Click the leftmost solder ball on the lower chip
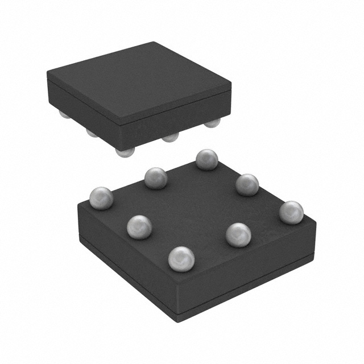pyautogui.click(x=101, y=198)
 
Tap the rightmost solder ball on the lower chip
pyautogui.click(x=291, y=212)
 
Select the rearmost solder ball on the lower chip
pyautogui.click(x=207, y=159)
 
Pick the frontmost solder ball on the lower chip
pyautogui.click(x=181, y=259)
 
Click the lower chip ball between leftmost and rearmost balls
pyautogui.click(x=156, y=178)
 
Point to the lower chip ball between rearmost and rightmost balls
pyautogui.click(x=247, y=185)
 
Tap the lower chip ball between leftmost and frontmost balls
pyautogui.click(x=139, y=226)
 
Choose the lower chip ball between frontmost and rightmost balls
pyautogui.click(x=238, y=234)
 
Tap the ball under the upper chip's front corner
pyautogui.click(x=125, y=151)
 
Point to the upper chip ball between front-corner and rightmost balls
pyautogui.click(x=169, y=137)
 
